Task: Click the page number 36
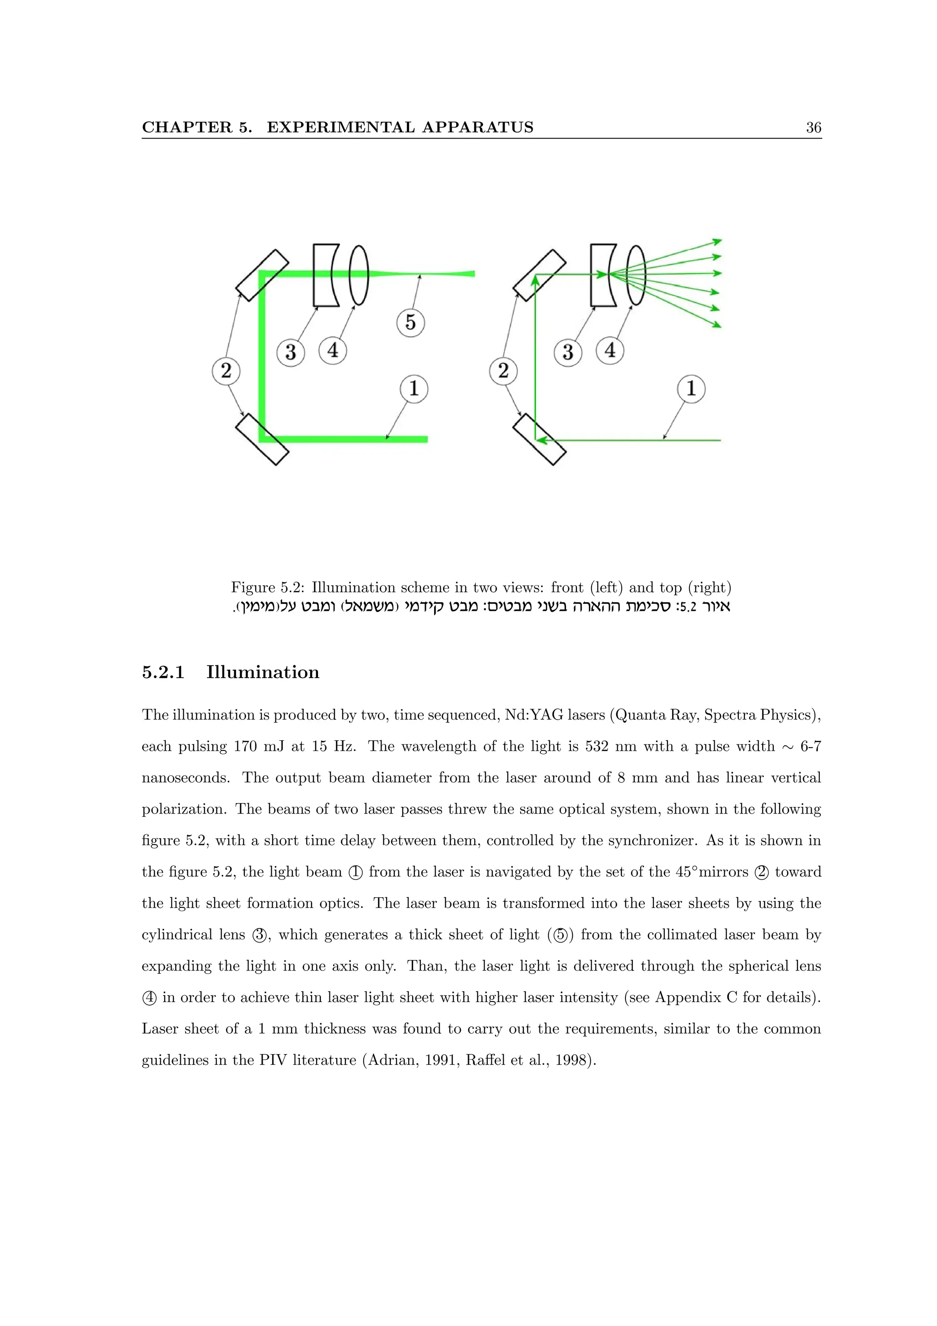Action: click(813, 128)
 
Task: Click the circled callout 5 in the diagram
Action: click(410, 322)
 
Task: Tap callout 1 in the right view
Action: click(691, 388)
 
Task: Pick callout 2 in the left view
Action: click(226, 370)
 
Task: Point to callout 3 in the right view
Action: click(567, 352)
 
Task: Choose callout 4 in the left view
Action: click(333, 350)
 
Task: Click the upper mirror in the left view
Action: click(262, 275)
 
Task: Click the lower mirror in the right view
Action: click(539, 440)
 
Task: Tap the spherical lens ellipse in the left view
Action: click(359, 275)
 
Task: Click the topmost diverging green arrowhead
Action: click(717, 241)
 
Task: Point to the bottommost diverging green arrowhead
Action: click(716, 324)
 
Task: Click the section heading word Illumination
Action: click(263, 672)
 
